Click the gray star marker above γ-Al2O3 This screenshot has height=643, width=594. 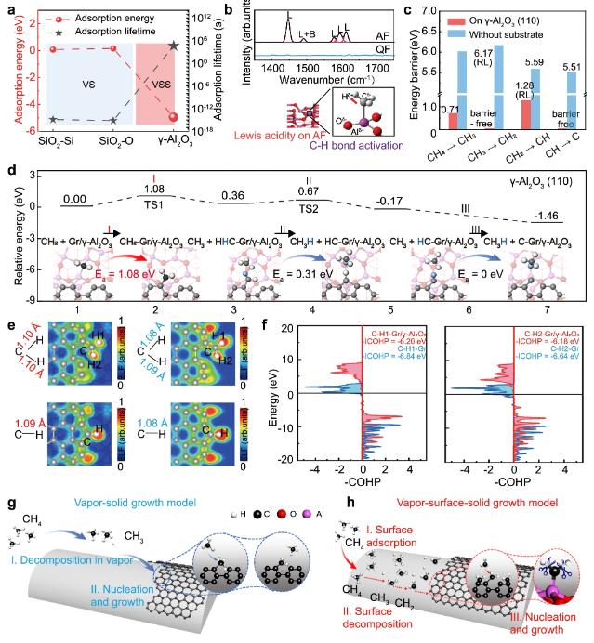pos(174,45)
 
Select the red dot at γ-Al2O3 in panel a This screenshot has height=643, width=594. pos(174,116)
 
